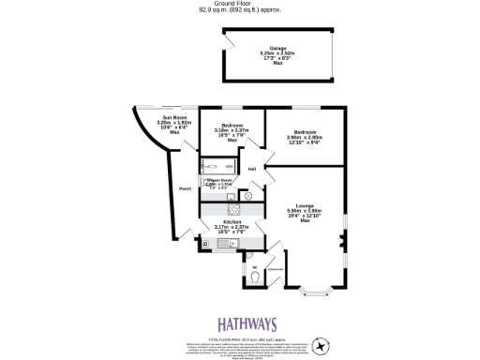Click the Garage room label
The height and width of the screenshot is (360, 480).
tap(277, 47)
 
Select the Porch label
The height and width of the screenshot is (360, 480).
tap(185, 187)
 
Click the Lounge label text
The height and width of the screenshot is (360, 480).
tap(305, 205)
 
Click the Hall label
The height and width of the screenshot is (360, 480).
tap(252, 169)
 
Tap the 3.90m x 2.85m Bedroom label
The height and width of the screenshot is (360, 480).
tap(305, 132)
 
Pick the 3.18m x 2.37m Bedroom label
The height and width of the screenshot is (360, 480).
tap(232, 126)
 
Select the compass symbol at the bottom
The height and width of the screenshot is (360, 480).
tap(322, 346)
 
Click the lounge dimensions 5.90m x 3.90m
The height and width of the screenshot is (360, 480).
tap(305, 211)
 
